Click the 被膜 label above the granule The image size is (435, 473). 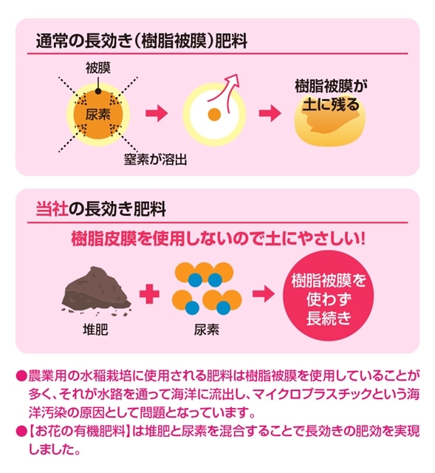98,68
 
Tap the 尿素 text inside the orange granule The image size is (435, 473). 98,115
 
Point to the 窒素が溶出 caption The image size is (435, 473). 155,160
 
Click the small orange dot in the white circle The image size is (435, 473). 214,115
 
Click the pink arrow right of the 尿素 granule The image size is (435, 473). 157,113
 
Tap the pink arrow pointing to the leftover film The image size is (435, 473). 270,113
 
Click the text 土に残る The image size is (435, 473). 331,104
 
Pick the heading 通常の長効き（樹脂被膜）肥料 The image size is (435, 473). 142,41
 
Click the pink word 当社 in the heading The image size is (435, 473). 52,208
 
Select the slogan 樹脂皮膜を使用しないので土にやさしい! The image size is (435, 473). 219,239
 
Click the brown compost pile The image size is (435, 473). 97,291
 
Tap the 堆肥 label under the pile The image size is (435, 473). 95,330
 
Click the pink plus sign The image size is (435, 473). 149,293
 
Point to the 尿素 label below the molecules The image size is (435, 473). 207,330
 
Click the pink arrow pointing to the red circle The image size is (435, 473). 264,293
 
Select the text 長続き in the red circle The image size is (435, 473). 329,319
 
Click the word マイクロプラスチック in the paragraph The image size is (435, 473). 312,394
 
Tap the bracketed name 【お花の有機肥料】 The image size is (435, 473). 78,431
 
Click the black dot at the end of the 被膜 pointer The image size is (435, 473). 98,91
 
